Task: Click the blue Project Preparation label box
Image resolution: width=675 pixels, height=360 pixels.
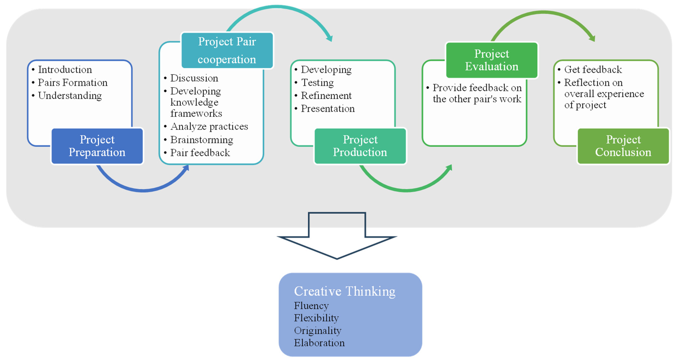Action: click(97, 146)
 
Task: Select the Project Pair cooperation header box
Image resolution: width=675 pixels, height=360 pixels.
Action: click(227, 50)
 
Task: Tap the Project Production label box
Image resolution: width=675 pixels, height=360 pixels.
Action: click(360, 146)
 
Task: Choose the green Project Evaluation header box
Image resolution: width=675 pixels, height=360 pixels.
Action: click(491, 60)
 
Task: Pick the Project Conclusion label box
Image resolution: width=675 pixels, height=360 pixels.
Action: click(623, 146)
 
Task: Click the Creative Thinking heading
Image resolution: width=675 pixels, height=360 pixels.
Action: click(345, 291)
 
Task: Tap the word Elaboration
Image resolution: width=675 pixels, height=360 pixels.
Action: click(319, 343)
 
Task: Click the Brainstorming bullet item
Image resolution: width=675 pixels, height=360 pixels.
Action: click(201, 140)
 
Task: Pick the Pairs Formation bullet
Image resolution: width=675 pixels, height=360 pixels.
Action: click(73, 83)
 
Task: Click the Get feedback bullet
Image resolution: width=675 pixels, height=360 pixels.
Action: click(593, 69)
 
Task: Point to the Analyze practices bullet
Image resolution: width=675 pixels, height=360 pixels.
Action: click(209, 126)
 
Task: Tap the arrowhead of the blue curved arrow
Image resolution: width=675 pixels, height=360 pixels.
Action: click(186, 168)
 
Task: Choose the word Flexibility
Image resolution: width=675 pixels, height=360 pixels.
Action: click(316, 318)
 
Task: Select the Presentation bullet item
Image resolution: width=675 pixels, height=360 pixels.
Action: click(327, 109)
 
